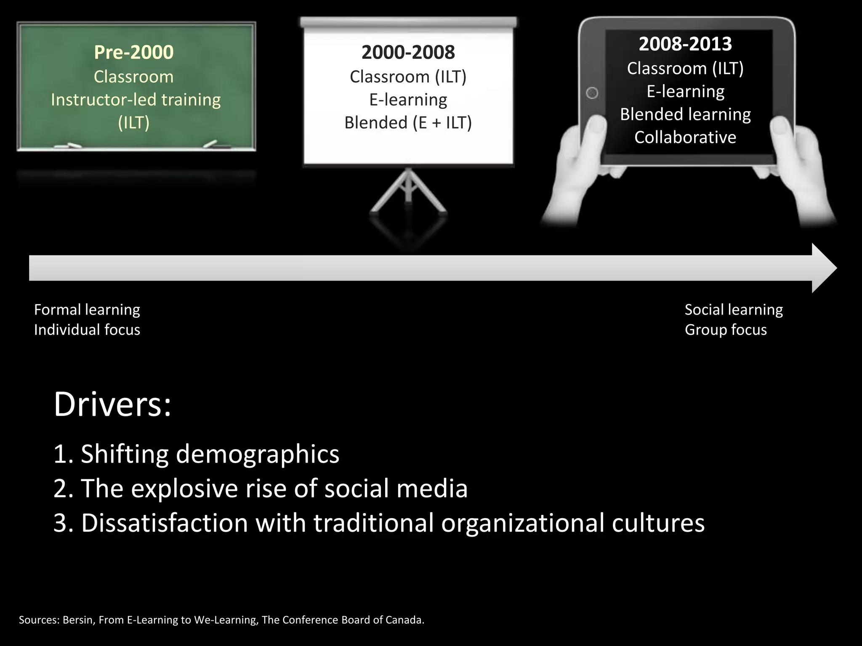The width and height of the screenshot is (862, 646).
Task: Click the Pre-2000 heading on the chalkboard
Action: [x=133, y=52]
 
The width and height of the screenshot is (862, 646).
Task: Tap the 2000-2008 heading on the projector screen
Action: [x=408, y=52]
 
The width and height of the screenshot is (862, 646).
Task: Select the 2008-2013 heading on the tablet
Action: [x=685, y=44]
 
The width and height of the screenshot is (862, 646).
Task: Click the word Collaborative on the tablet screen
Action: [x=685, y=138]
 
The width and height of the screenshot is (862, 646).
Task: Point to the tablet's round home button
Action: [x=592, y=93]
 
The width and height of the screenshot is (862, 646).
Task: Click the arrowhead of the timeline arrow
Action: [x=823, y=268]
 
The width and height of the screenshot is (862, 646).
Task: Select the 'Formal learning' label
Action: [x=87, y=310]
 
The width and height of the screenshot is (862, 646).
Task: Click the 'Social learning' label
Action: [x=733, y=310]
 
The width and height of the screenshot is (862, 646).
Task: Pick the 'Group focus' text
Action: [x=726, y=330]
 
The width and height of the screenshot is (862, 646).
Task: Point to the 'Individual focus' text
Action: [x=87, y=330]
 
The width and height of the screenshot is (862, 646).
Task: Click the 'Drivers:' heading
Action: [x=112, y=405]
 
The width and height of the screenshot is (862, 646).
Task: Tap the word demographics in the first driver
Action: [x=257, y=454]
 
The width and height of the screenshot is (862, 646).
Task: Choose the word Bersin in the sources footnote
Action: [x=77, y=620]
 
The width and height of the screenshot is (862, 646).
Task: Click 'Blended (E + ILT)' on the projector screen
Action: [x=408, y=123]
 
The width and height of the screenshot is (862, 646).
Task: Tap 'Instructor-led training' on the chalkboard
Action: [x=136, y=100]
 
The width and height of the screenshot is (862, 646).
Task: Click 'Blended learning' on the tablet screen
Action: [x=685, y=114]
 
